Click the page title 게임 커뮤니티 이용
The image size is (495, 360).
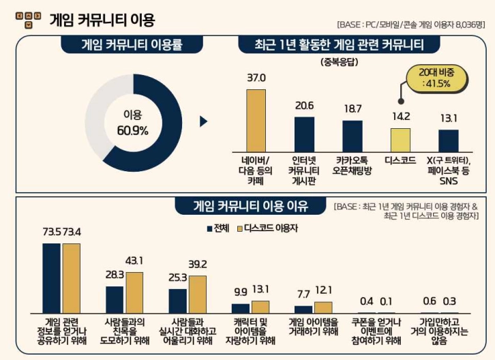[x=102, y=19]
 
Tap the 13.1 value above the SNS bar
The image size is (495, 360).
[x=448, y=118]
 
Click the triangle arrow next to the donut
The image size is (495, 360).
[x=202, y=121]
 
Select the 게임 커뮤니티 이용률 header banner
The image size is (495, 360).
[x=132, y=45]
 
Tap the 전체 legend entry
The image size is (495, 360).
[x=217, y=227]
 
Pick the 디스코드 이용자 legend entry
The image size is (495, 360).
[x=267, y=227]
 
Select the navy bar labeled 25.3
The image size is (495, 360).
[x=178, y=300]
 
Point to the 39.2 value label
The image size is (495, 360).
[x=197, y=265]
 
